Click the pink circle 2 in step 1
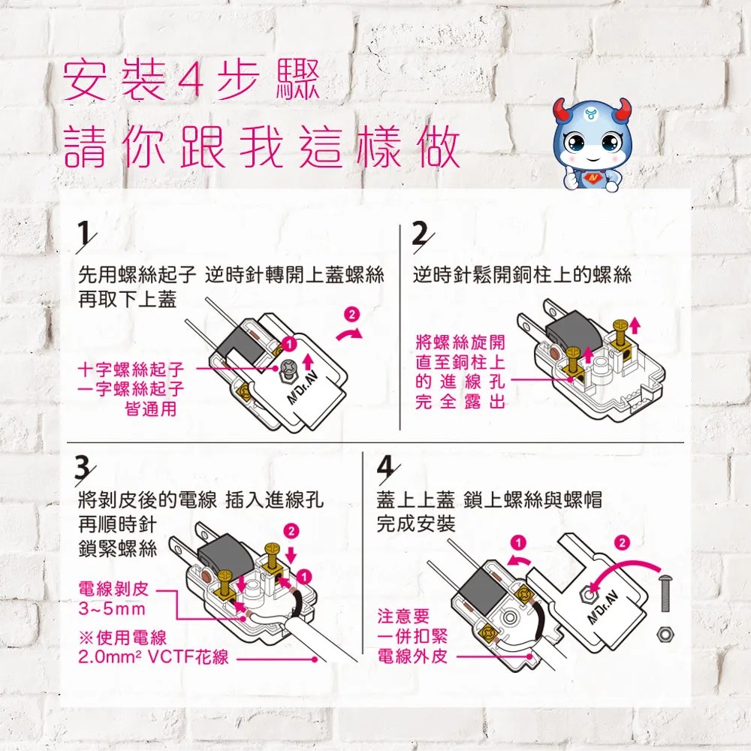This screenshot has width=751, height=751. tap(352, 315)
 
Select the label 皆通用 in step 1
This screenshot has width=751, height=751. tap(152, 409)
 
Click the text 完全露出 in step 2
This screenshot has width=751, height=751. tap(460, 401)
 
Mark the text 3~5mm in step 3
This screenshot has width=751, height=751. tap(112, 609)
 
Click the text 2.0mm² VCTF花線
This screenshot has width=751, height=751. tap(153, 657)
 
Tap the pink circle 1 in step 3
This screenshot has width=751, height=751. tap(304, 576)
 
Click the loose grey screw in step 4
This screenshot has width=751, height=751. tap(665, 594)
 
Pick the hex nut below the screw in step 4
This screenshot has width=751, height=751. tap(665, 633)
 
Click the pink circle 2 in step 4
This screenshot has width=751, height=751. tap(622, 543)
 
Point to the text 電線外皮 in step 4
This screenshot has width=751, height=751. tap(413, 656)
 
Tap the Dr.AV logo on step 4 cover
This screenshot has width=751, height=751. tap(604, 608)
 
